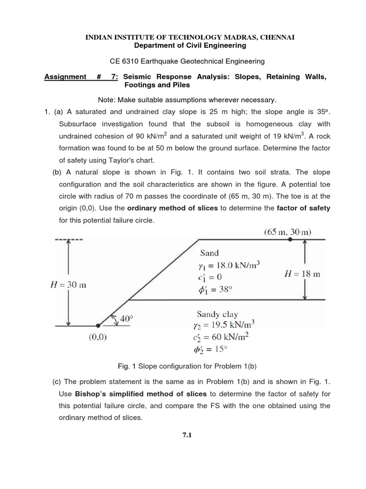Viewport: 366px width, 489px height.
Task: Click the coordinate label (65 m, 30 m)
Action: click(x=287, y=233)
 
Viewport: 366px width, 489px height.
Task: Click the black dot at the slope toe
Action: click(x=98, y=326)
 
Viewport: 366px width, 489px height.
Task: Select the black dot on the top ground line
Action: click(x=290, y=240)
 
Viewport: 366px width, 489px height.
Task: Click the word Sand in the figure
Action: click(x=210, y=253)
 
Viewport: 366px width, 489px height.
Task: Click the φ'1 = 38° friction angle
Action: click(x=218, y=289)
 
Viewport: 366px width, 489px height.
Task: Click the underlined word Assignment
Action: click(x=65, y=77)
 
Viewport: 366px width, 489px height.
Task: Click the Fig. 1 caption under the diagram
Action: click(x=183, y=366)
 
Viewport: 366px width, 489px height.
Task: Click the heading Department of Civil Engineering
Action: click(x=183, y=45)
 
